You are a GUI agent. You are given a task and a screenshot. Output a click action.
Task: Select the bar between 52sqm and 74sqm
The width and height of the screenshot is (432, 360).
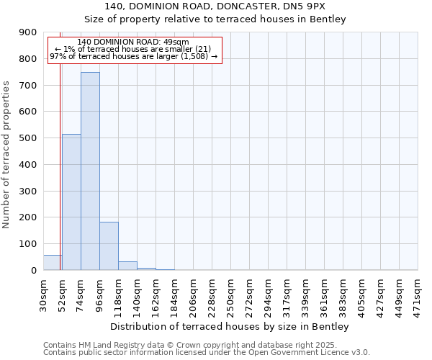pos(71,202)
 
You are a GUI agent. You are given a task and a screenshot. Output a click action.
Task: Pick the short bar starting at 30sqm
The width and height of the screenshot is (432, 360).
pos(52,263)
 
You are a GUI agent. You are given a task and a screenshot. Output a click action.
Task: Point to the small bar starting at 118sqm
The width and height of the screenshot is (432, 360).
pos(127,266)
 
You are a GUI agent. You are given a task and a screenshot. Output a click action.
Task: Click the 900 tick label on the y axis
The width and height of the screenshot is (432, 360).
pos(28,32)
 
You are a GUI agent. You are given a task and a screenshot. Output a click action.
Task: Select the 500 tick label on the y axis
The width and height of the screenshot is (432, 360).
pos(28,138)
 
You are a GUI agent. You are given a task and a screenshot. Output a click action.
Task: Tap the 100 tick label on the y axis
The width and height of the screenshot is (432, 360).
pos(28,244)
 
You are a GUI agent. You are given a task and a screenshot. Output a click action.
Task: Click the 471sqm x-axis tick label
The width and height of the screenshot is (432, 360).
pos(418,295)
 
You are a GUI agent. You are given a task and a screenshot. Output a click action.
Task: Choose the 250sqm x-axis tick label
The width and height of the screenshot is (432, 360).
pos(231,295)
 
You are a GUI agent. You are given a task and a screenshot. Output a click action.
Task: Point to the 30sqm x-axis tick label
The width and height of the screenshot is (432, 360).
pos(44,295)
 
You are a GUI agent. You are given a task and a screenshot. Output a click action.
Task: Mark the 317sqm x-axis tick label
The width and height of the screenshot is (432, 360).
pos(287,295)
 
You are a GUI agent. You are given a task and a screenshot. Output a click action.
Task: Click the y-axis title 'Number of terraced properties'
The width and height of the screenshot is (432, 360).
pos(6,155)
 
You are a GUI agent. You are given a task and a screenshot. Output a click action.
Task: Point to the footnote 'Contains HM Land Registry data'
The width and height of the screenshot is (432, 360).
pos(200,345)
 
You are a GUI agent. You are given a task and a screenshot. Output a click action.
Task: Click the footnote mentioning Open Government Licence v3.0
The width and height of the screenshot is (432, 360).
pos(207,353)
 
